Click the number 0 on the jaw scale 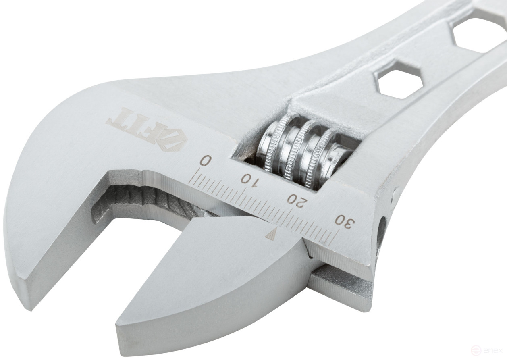[205, 160]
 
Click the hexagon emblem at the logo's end [174, 142]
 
